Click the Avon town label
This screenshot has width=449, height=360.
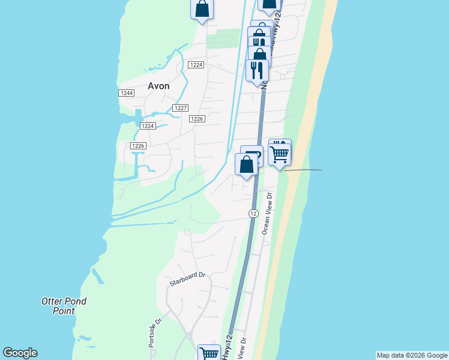pos(158,86)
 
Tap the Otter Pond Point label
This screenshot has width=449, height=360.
pos(64,306)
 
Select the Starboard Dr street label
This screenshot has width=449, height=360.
pos(187,280)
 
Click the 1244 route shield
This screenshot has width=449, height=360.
pos(126,93)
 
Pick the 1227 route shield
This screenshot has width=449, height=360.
pos(181,108)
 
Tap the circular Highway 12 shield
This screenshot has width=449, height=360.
pos(253,214)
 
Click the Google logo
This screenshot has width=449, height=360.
pos(20,353)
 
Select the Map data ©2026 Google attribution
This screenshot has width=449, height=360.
pos(412,355)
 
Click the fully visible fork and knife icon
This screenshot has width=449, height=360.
pos(257,70)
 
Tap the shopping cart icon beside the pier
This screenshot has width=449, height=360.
pos(280,154)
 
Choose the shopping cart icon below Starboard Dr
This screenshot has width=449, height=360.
pos(209,353)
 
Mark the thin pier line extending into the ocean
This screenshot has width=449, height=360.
pos(303,170)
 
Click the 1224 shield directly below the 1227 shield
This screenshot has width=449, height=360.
pos(148,126)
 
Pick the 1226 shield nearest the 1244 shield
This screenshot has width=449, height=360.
pos(138,146)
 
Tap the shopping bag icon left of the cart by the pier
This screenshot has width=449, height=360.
pos(247,164)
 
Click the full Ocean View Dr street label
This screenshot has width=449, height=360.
pos(267,213)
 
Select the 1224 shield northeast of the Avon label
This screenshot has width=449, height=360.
pos(196,65)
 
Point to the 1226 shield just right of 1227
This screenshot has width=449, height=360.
pos(198,119)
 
